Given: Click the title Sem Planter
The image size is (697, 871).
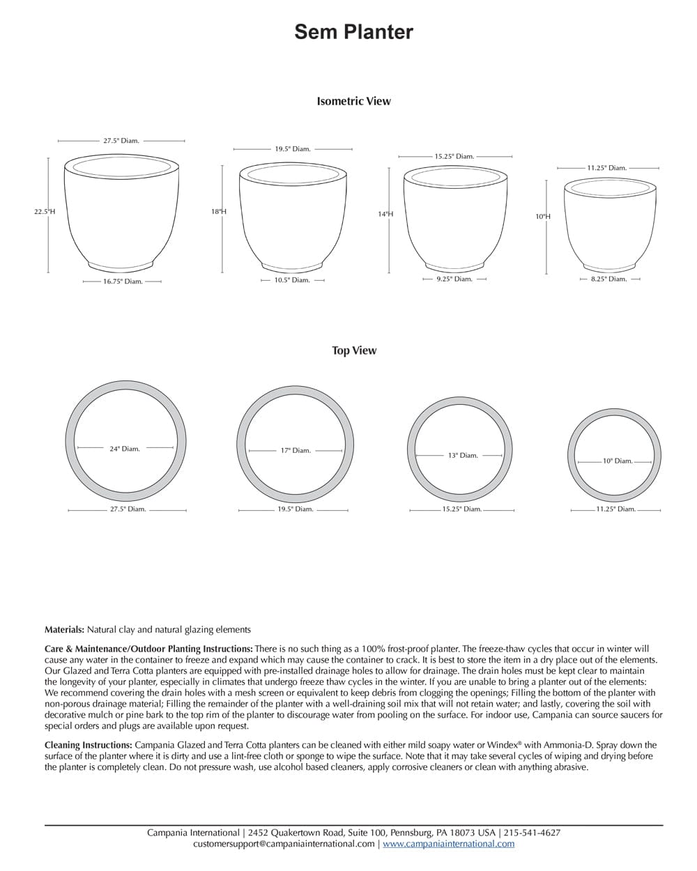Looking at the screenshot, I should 353,31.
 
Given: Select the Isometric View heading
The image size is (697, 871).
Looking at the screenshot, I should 353,101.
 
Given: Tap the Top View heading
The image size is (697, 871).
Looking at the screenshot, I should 353,350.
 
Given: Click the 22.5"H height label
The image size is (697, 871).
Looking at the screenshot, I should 45,211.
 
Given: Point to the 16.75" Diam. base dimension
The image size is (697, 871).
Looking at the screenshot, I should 123,282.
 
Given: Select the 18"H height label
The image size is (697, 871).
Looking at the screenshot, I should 219,211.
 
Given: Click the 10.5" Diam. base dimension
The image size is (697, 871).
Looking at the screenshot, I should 291,280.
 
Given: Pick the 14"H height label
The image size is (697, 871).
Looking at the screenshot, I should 385,214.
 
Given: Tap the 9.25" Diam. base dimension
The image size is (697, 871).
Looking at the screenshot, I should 454,279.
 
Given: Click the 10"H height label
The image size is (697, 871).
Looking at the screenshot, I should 543,217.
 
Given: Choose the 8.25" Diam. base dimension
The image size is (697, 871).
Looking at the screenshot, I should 608,279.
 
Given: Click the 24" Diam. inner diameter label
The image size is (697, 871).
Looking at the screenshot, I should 125,449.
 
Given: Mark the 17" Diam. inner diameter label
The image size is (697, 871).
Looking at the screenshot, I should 296,450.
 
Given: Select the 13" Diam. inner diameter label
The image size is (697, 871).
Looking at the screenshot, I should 463,455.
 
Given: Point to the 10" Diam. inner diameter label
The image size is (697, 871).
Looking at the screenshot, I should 618,461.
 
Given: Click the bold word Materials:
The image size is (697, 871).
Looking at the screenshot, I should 64,629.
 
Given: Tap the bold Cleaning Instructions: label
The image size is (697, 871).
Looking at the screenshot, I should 88,745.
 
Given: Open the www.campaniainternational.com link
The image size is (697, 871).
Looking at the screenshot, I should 448,844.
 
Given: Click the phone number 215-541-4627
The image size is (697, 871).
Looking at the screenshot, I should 532,833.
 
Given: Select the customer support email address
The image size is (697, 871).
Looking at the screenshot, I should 284,844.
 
